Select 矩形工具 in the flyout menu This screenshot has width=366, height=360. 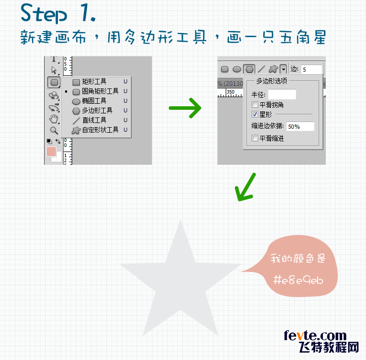[94, 81]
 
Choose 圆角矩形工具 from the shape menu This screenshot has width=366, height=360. [100, 91]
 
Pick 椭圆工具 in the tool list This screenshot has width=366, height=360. [94, 101]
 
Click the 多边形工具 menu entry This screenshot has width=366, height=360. [97, 110]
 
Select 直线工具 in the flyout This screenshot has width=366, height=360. [94, 120]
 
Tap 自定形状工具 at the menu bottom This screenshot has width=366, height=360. [100, 130]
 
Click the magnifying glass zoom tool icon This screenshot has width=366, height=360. [54, 130]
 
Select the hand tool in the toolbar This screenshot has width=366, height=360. [54, 119]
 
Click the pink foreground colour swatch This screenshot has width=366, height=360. [51, 152]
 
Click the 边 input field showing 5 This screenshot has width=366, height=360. [311, 69]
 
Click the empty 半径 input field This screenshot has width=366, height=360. [282, 94]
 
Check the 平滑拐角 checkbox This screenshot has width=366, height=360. [255, 105]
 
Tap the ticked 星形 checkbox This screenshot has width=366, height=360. [255, 115]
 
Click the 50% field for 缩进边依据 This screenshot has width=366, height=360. [300, 126]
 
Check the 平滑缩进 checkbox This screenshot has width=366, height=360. [255, 138]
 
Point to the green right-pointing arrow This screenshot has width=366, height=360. [185, 108]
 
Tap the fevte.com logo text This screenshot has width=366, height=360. [315, 336]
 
